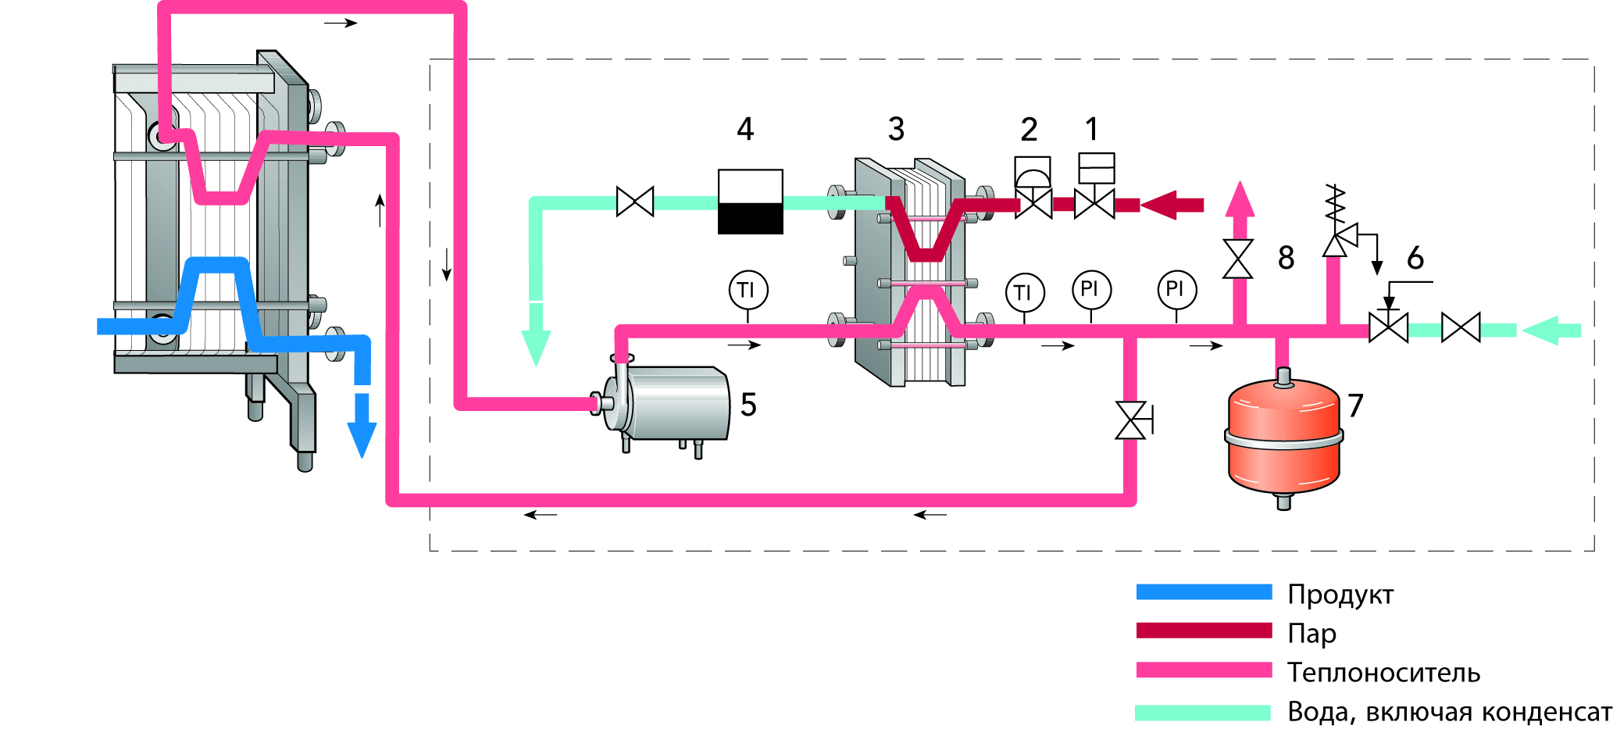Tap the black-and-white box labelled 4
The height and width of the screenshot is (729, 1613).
pyautogui.click(x=750, y=202)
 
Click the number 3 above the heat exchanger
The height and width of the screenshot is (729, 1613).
pyautogui.click(x=896, y=130)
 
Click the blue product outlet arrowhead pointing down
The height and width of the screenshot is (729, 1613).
pyautogui.click(x=362, y=438)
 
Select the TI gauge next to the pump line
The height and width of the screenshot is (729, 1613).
pyautogui.click(x=748, y=291)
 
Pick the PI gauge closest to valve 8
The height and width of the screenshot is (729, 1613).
pyautogui.click(x=1176, y=289)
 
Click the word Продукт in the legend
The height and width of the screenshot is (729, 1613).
pyautogui.click(x=1340, y=595)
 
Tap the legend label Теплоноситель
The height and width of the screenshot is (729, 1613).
pyautogui.click(x=1383, y=672)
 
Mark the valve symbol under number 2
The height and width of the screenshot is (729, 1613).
pyautogui.click(x=1033, y=204)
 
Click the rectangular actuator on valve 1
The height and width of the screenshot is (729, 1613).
pyautogui.click(x=1096, y=168)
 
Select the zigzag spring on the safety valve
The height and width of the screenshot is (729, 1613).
pyautogui.click(x=1336, y=205)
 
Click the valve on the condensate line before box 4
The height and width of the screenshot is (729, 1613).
pyautogui.click(x=634, y=202)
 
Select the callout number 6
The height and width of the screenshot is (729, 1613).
pyautogui.click(x=1415, y=258)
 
